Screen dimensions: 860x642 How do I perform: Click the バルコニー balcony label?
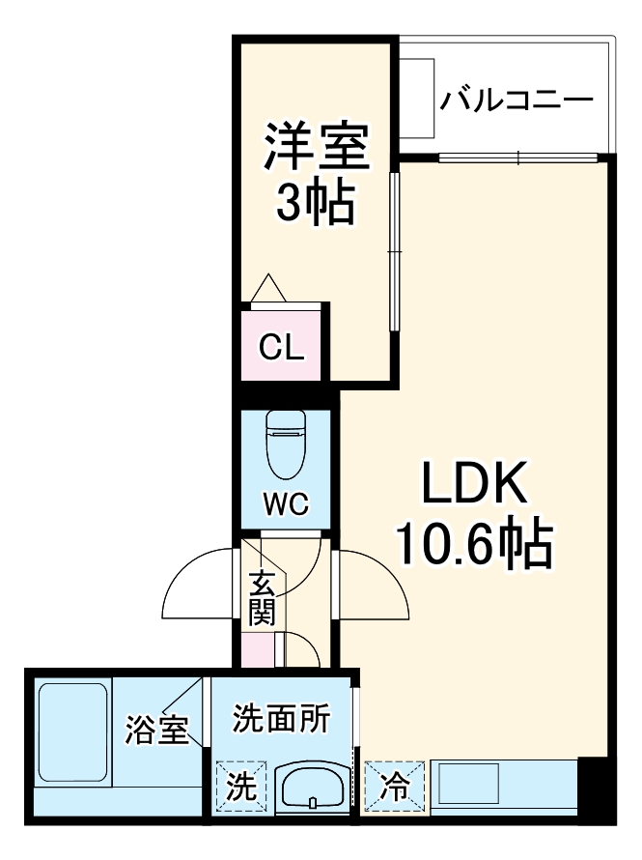point(516,100)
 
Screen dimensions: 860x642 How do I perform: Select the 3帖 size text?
point(316,203)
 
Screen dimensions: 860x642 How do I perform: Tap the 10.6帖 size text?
point(473,546)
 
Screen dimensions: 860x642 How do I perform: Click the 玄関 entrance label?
point(262,597)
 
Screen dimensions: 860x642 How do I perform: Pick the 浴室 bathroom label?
point(156,731)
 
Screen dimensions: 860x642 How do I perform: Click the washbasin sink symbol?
point(312,788)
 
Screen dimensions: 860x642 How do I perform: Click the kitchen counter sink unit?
point(502,785)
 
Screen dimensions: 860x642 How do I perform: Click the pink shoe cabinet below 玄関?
point(258,649)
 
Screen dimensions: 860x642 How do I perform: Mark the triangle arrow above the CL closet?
point(267,289)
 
